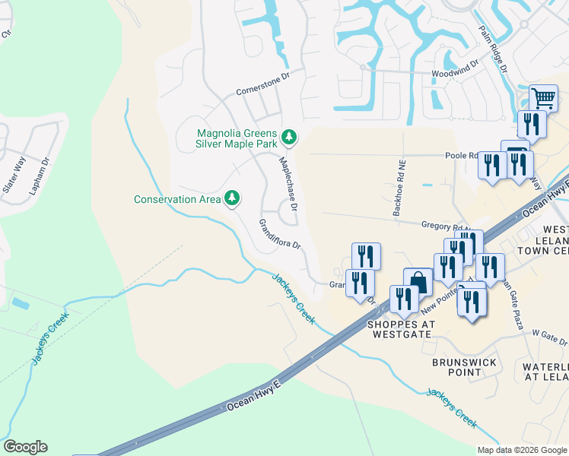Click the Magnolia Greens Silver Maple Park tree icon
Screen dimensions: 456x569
pos(288,138)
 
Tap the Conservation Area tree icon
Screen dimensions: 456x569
pos(232,199)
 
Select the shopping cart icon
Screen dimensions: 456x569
pos(542,98)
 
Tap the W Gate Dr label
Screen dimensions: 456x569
pos(550,334)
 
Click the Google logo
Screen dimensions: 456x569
pos(25,447)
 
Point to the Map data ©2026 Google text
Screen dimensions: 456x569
pos(521,450)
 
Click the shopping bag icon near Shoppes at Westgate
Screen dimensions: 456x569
pos(418,281)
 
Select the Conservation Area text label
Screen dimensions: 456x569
pos(177,200)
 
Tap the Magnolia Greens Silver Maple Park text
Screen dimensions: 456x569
pos(236,138)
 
